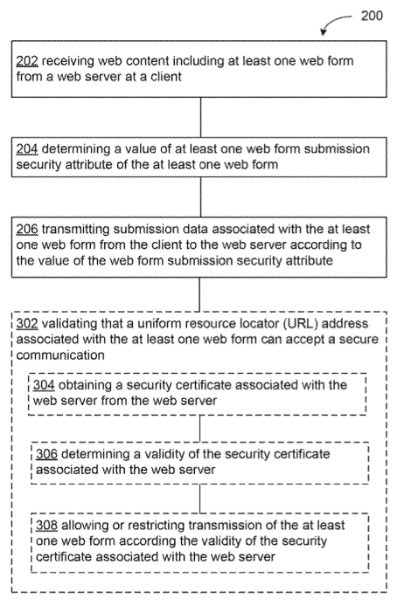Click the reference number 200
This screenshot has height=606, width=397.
click(372, 16)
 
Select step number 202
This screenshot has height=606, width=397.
click(27, 61)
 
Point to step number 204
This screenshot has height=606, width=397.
click(27, 148)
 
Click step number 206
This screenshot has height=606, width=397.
click(27, 229)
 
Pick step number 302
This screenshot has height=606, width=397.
click(27, 323)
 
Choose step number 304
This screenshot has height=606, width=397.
click(44, 385)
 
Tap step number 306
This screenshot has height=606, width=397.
click(46, 454)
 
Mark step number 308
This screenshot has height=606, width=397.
click(46, 525)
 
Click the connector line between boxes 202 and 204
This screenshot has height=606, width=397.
click(200, 117)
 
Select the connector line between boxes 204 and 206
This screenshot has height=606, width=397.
click(200, 197)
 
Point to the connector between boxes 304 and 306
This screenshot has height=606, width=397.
click(200, 429)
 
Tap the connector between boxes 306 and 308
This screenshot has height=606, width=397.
click(200, 499)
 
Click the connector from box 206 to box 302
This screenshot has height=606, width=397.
click(199, 294)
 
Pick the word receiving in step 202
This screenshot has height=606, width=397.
click(67, 61)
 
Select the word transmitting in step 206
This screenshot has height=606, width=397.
click(75, 230)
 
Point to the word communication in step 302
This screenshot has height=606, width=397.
click(60, 355)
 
